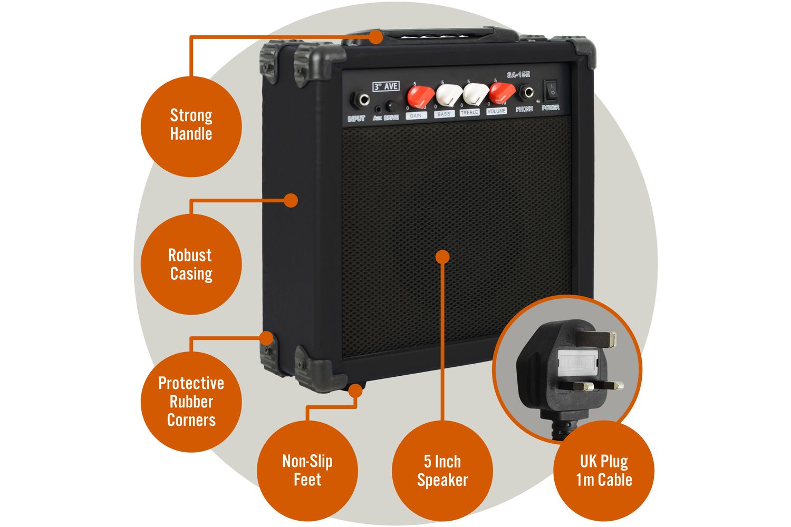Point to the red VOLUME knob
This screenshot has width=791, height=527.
(501, 93)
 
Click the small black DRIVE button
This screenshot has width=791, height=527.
(391, 105)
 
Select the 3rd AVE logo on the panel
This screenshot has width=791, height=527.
(386, 86)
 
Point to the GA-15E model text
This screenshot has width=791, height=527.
(518, 75)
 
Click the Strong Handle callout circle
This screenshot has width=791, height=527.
(191, 125)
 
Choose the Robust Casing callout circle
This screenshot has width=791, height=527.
(191, 265)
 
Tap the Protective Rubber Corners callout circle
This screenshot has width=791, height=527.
(191, 402)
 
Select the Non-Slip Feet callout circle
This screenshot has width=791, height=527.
(307, 471)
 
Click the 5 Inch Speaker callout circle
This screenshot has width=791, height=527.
(442, 471)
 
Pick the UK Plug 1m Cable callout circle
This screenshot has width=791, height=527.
(604, 471)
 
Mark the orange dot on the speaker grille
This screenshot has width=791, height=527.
(443, 257)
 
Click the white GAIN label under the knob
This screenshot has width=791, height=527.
(416, 115)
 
